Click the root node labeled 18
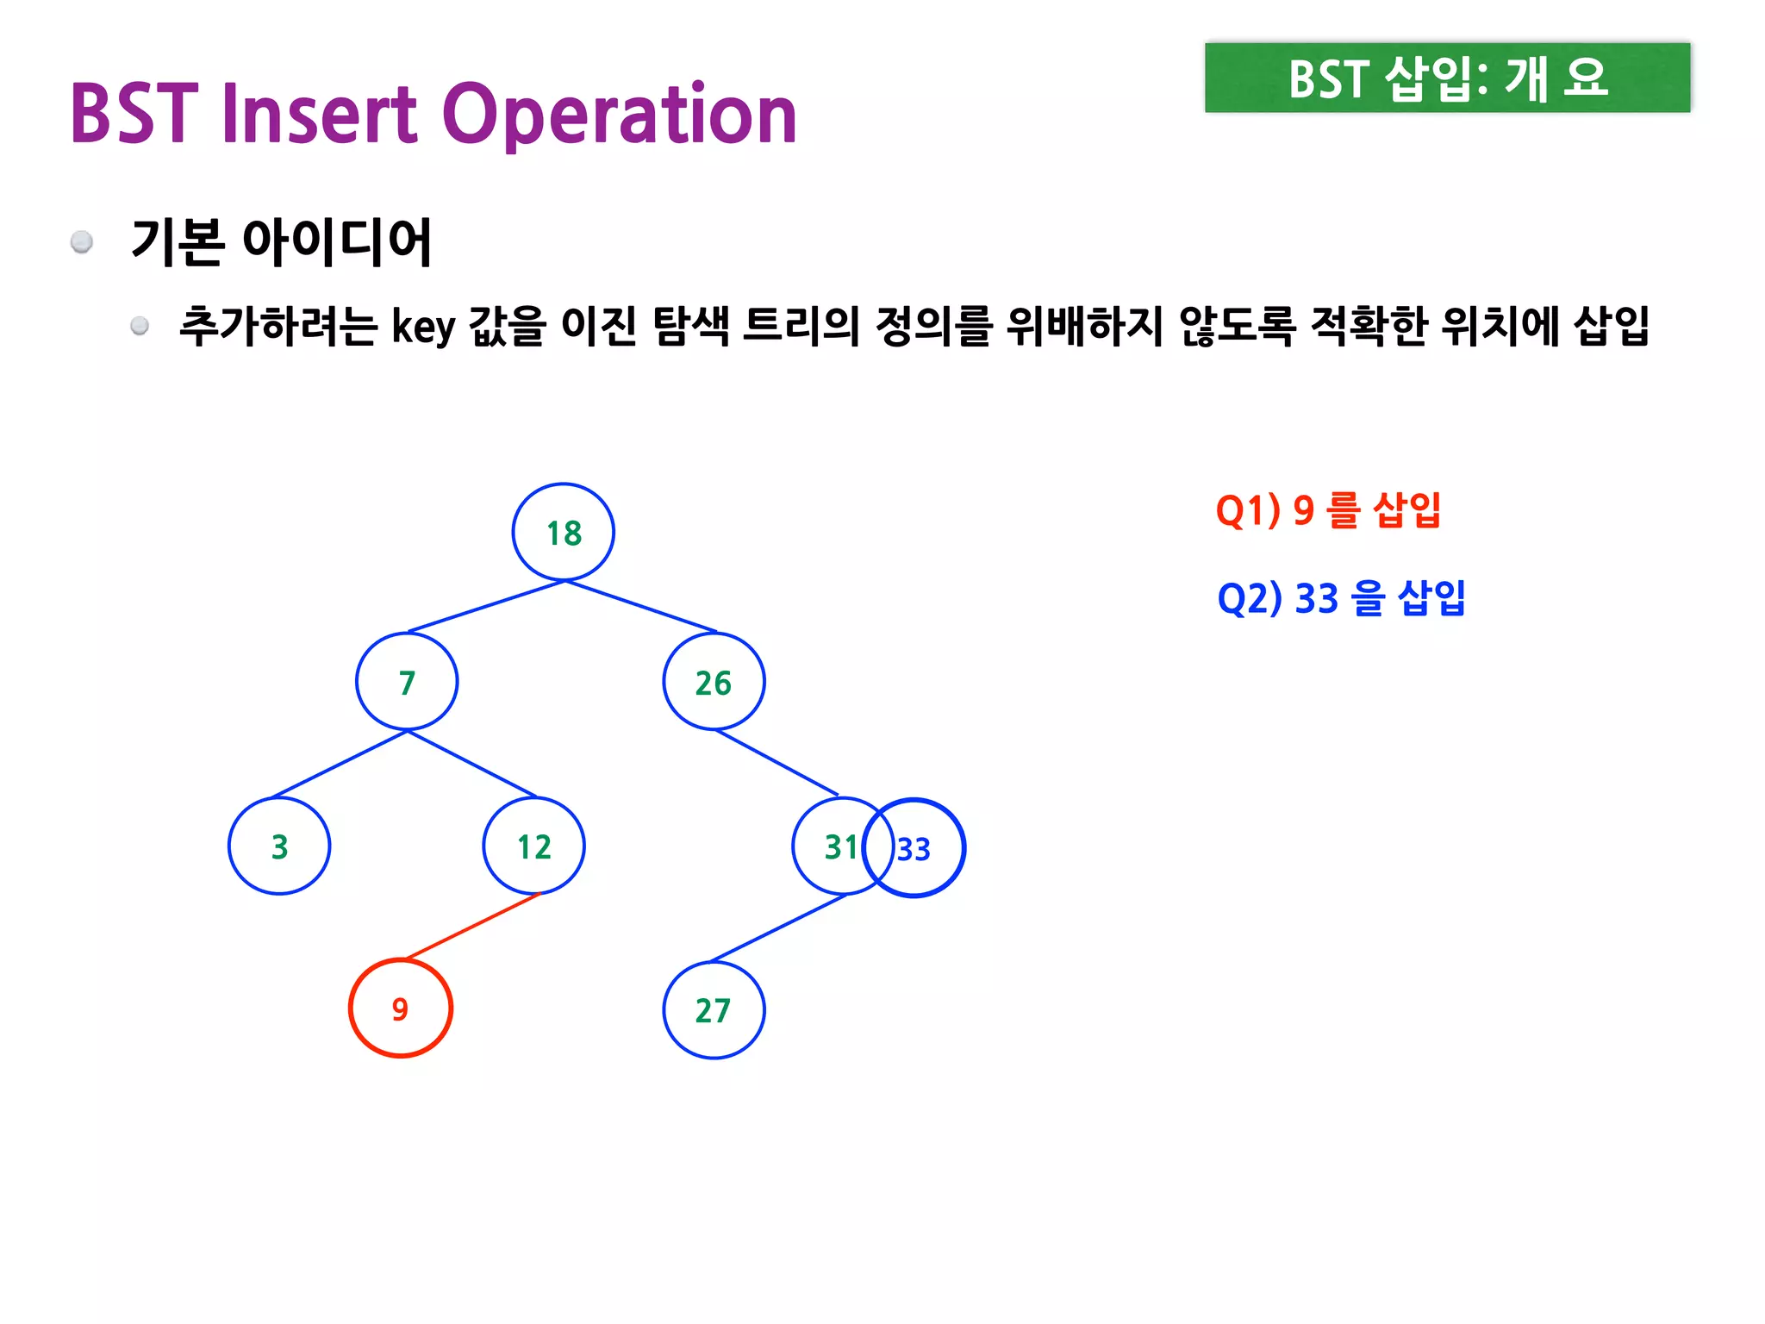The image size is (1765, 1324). coord(564,533)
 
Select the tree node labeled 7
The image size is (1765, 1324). coord(407,682)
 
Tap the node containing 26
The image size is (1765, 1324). coord(714,682)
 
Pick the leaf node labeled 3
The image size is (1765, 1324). coord(279,846)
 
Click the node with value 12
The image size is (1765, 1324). coord(534,846)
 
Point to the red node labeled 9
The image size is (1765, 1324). coord(400,1009)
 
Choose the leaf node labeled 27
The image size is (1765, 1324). coord(714,1010)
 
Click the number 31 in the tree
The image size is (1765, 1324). coord(840,847)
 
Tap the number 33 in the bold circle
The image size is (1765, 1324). coord(914,850)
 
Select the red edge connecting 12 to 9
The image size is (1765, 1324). coord(472,927)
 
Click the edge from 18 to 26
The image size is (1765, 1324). coord(641,607)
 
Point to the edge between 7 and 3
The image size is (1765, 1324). coord(340,764)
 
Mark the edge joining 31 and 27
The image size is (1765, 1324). coord(777,928)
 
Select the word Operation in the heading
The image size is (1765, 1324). coord(620,115)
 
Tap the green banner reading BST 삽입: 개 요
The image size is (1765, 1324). coord(1447,78)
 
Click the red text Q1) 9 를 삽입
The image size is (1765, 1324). coord(1328,510)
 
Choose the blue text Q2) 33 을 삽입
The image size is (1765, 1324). coord(1341,598)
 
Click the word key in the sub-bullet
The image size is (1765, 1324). coord(422,328)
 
